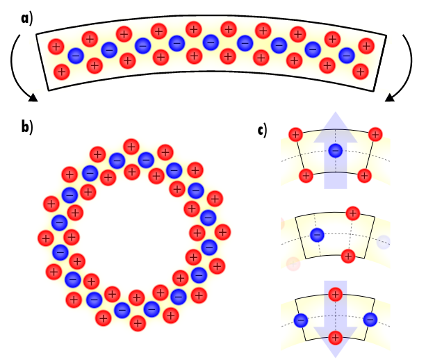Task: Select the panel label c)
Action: tap(262, 129)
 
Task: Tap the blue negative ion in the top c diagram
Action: tap(335, 150)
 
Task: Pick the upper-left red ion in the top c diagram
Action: tap(295, 133)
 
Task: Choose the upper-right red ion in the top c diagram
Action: tap(375, 133)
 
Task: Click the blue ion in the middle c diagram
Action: tap(317, 235)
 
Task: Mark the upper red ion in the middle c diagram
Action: tap(353, 213)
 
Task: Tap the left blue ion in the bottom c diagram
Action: tap(300, 320)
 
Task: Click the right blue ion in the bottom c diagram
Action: tap(370, 320)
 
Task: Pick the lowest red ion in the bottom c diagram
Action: tap(336, 338)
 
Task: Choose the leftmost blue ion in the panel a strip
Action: tap(76, 55)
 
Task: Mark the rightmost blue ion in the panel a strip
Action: tap(346, 55)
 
